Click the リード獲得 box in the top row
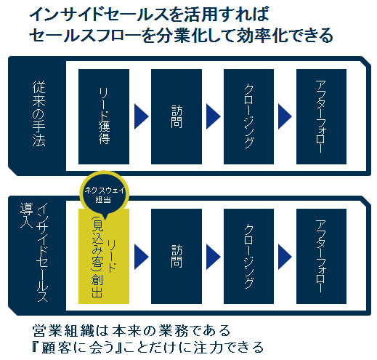click(x=104, y=116)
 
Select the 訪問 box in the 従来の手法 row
click(x=177, y=116)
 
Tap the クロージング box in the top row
click(x=248, y=116)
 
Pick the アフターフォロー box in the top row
click(x=321, y=116)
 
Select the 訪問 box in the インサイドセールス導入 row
click(x=177, y=256)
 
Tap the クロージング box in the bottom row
click(x=248, y=256)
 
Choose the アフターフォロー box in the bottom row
click(x=321, y=256)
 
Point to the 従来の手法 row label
click(x=38, y=114)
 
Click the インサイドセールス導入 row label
click(x=35, y=252)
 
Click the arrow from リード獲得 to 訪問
click(x=141, y=116)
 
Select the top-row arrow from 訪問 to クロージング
click(x=214, y=116)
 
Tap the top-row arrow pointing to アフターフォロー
click(x=285, y=116)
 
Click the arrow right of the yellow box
click(x=141, y=257)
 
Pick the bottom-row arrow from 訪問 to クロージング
click(x=214, y=257)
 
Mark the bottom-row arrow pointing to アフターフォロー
click(x=285, y=257)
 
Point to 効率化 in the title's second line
click(x=262, y=36)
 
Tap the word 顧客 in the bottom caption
click(x=56, y=348)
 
